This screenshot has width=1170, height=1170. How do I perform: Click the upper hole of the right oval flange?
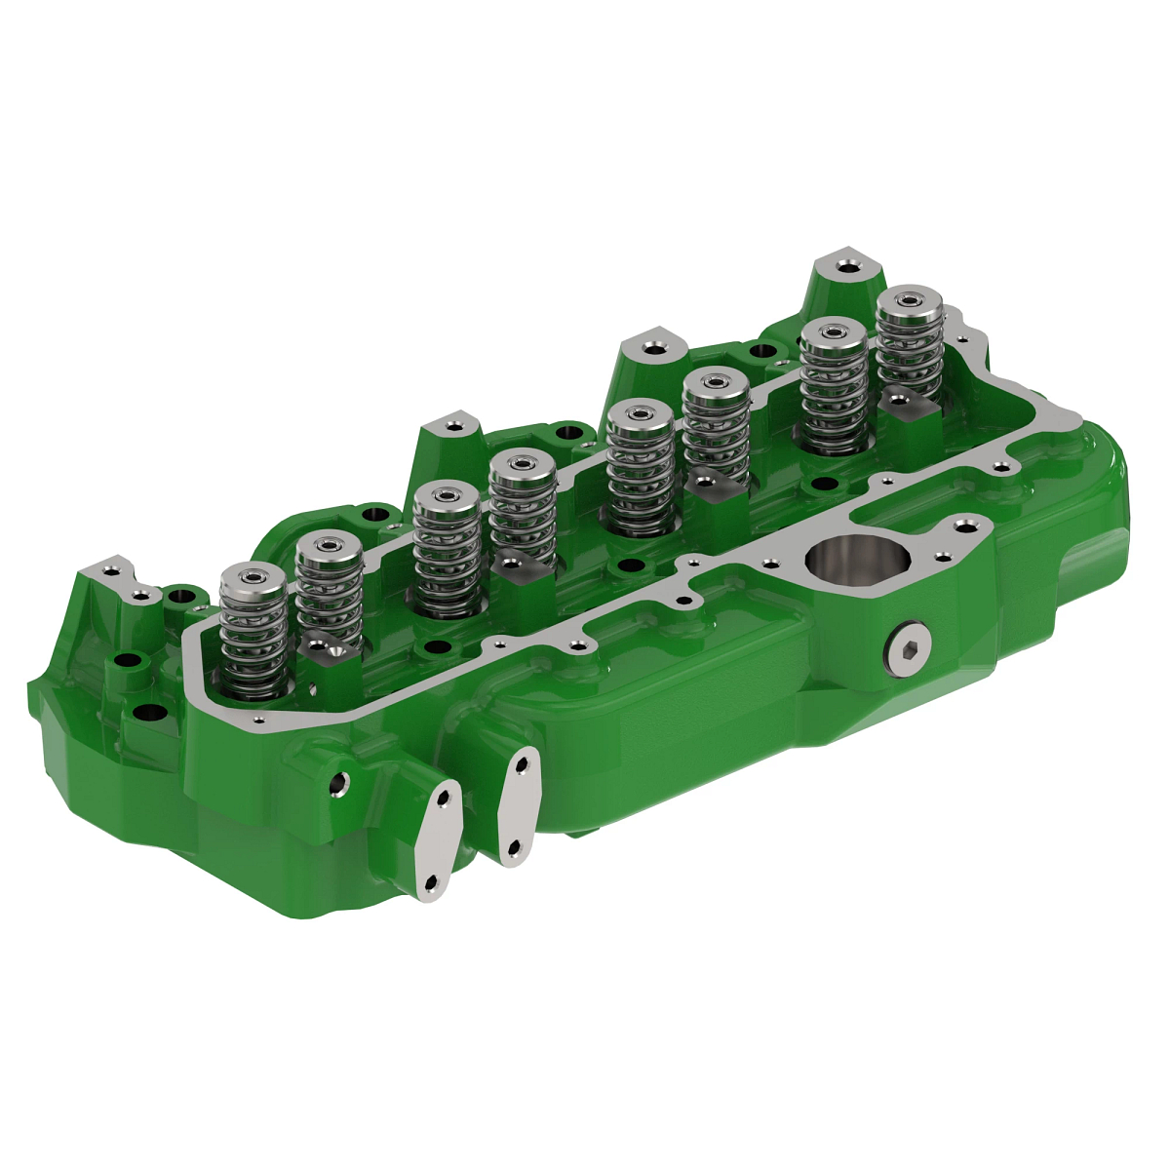tap(524, 765)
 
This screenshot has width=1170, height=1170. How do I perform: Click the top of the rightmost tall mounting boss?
tap(844, 265)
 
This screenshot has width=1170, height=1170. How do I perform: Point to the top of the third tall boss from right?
tap(452, 425)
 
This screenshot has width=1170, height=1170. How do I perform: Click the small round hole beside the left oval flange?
tap(339, 781)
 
